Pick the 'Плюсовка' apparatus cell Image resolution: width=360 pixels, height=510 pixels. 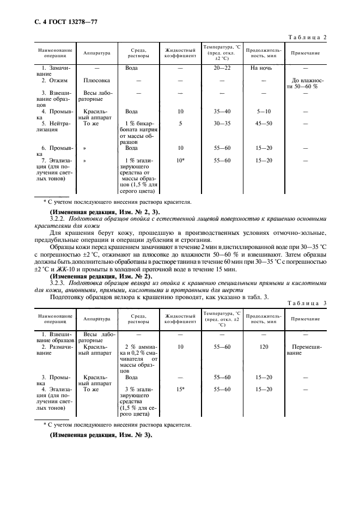click(x=97, y=80)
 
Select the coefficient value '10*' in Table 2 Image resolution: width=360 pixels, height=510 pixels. click(x=181, y=161)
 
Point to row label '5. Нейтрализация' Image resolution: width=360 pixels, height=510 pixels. click(x=52, y=126)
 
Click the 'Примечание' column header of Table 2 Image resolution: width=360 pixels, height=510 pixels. click(x=305, y=53)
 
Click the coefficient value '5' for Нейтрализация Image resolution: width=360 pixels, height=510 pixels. click(x=180, y=123)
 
